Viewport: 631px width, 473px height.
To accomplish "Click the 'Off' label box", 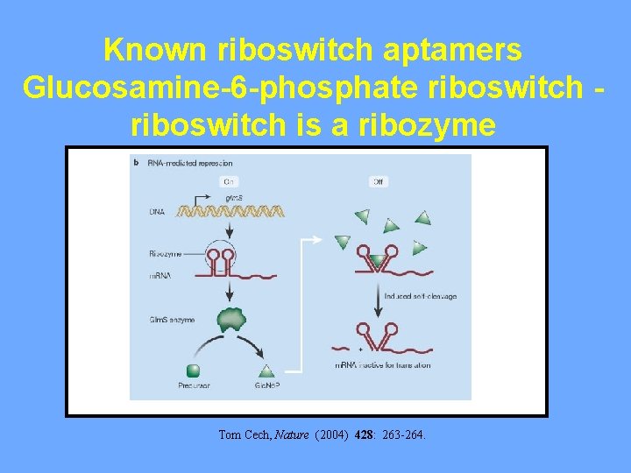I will [378, 181].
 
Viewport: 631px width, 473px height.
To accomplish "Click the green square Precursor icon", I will [192, 371].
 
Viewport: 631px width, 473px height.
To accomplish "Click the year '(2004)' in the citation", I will [332, 434].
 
